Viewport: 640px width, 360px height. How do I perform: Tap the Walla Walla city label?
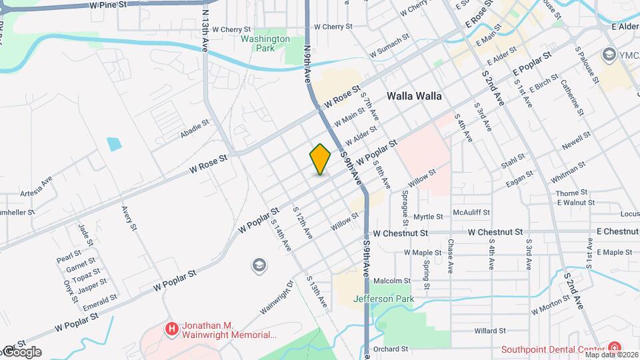(x=414, y=96)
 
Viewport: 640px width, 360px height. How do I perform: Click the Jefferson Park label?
(x=383, y=299)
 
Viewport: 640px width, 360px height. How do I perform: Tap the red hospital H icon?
(x=172, y=329)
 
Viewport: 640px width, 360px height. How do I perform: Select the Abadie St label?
(x=195, y=129)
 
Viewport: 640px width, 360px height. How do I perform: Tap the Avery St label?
(x=129, y=218)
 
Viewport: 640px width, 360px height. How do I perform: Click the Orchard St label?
(x=391, y=349)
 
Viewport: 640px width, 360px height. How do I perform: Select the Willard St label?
(x=490, y=331)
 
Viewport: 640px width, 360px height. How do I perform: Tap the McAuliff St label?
(x=471, y=212)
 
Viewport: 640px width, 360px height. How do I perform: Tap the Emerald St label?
(x=101, y=302)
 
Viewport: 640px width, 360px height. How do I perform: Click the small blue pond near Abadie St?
(x=113, y=143)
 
